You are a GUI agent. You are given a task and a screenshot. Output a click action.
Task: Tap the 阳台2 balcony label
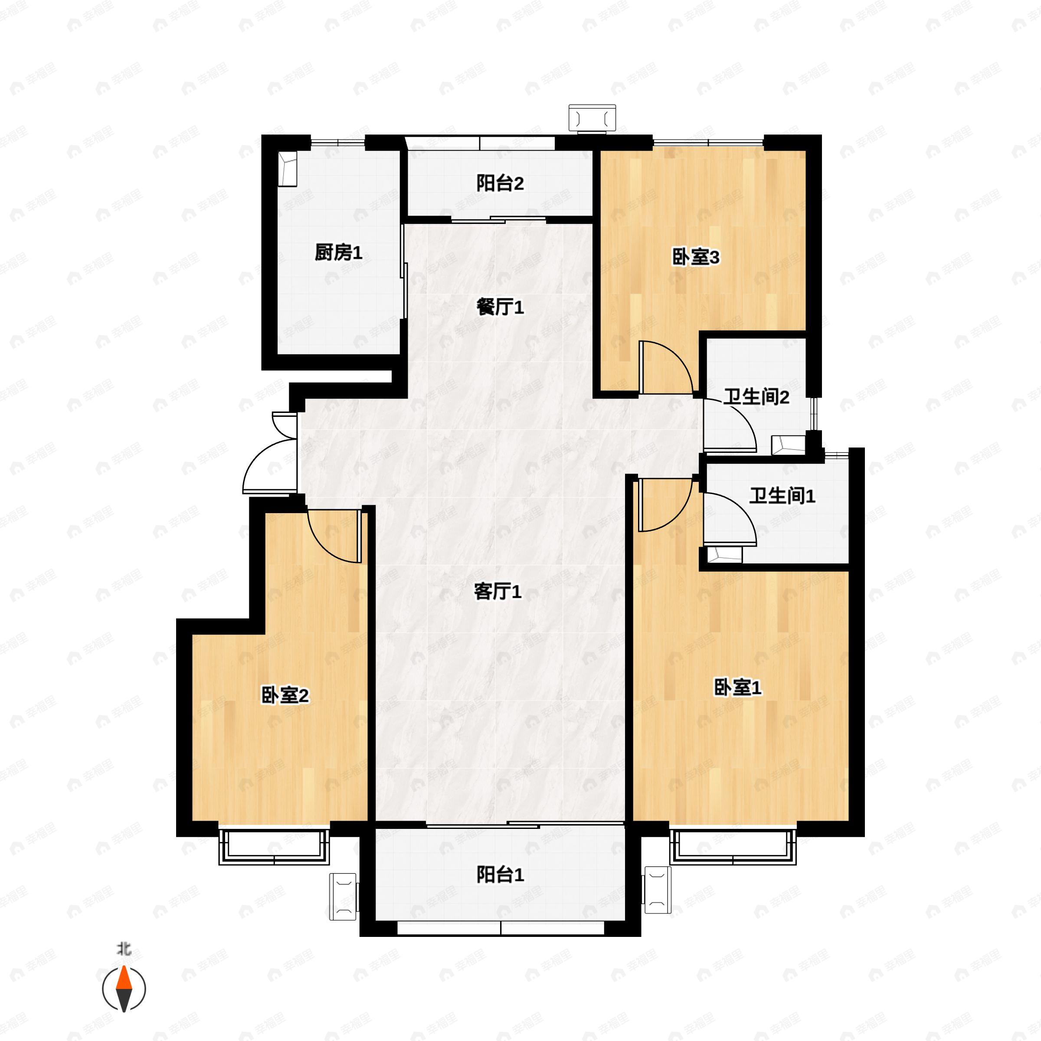[x=500, y=184]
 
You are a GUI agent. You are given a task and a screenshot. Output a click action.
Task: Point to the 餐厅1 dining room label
[x=500, y=307]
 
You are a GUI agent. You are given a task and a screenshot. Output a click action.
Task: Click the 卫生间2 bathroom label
[x=756, y=397]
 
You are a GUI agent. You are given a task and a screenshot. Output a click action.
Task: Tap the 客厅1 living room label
[x=498, y=592]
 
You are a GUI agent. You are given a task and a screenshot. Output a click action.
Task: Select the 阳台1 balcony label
[x=500, y=874]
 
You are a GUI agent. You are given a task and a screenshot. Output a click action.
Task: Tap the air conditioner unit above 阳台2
[x=592, y=118]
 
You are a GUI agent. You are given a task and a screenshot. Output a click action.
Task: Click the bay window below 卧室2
[x=274, y=848]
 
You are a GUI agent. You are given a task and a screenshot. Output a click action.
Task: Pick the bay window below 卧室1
[x=733, y=847]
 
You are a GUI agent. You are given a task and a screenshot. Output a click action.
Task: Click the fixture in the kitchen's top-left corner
[x=288, y=169]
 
